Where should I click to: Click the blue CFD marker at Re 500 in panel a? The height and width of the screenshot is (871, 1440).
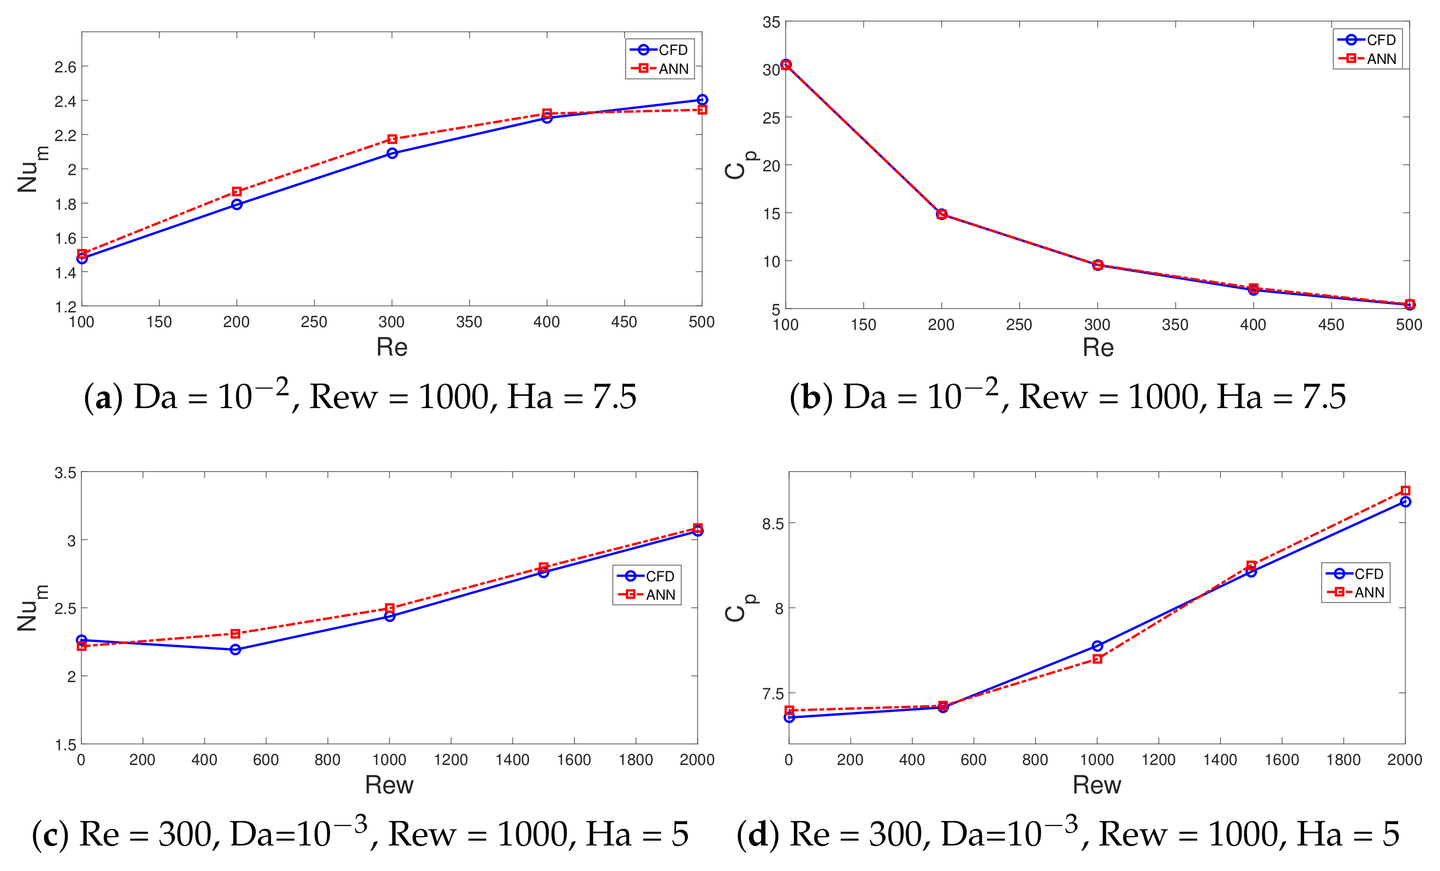(x=702, y=100)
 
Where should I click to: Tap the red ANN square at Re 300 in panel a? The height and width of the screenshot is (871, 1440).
(x=392, y=139)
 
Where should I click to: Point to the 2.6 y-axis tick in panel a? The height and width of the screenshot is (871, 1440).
(x=65, y=67)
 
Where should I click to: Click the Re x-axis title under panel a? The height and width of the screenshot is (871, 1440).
(x=392, y=347)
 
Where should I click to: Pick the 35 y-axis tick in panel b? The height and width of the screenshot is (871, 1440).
(x=771, y=22)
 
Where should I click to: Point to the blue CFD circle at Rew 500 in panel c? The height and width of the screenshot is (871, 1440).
(x=235, y=649)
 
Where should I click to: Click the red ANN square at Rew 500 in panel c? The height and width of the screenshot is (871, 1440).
(x=235, y=634)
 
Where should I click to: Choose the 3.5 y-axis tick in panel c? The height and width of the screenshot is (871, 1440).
(x=65, y=472)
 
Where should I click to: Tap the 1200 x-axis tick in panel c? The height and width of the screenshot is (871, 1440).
(x=450, y=760)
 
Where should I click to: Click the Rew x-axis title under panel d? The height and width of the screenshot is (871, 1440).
(x=1097, y=784)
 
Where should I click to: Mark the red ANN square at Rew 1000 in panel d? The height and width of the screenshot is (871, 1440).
(x=1097, y=659)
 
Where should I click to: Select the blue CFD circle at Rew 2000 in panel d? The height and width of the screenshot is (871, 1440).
(x=1405, y=502)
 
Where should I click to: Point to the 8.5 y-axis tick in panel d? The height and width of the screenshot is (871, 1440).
(x=772, y=524)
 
